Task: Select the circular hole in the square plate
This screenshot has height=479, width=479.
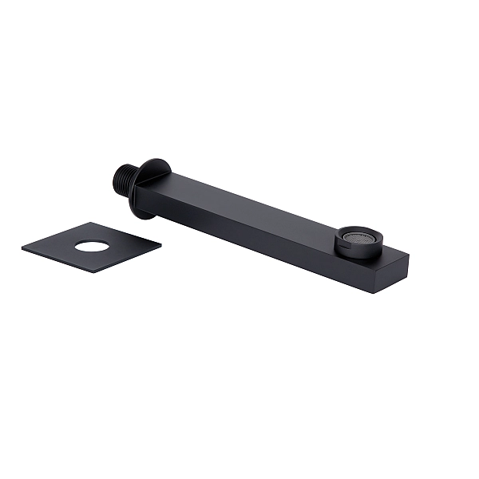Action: coord(93,246)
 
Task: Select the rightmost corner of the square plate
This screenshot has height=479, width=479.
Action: coord(160,243)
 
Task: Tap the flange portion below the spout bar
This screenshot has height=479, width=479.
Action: coord(144,209)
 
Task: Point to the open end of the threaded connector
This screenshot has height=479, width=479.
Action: coord(113,176)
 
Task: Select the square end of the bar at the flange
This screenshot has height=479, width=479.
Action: coord(144,192)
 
